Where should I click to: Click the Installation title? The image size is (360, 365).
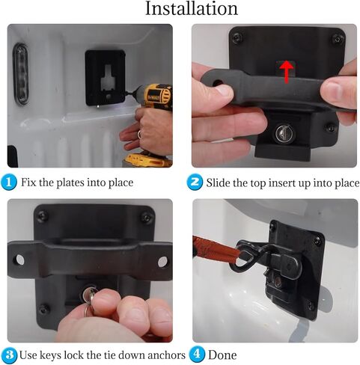pos(192,8)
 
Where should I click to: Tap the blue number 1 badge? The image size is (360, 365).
pos(9,182)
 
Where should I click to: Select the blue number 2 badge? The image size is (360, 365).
pos(195,182)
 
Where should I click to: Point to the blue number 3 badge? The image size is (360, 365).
pos(9,355)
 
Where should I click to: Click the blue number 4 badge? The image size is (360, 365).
pos(197,355)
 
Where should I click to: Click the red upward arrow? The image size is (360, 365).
pos(287,72)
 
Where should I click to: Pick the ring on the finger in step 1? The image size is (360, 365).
pos(139,135)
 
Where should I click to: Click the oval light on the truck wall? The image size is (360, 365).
pos(21,74)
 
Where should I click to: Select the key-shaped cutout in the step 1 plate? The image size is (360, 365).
pos(109,80)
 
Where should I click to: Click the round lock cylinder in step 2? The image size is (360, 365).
pos(285,134)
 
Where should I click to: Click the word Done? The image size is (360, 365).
pos(222,355)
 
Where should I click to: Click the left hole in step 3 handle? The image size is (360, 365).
pos(19,260)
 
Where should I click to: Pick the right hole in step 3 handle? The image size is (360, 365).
pos(162,262)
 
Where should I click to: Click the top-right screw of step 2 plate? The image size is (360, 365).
pos(338,39)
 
